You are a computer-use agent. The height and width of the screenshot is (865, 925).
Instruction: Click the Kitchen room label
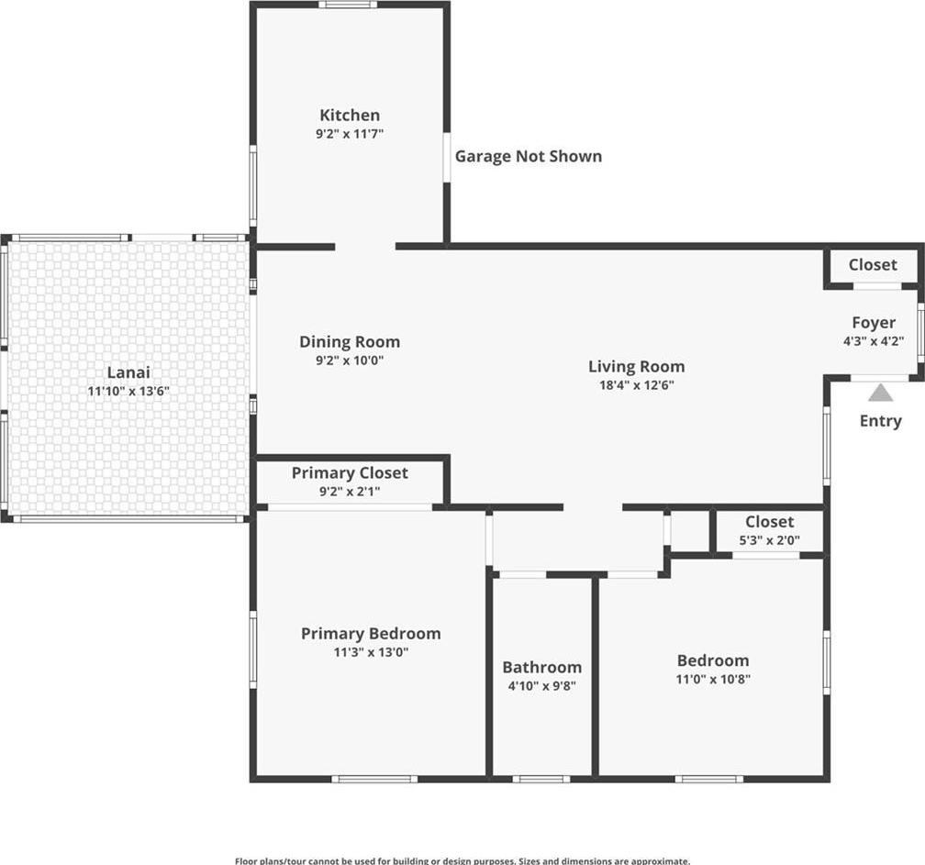(350, 115)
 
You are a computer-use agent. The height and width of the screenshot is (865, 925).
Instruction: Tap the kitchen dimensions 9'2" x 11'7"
(350, 134)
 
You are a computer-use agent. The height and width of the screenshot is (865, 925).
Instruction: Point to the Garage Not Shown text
(528, 156)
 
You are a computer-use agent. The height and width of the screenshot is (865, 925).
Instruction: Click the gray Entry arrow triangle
(880, 393)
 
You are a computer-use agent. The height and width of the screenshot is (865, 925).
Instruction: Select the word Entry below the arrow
(880, 421)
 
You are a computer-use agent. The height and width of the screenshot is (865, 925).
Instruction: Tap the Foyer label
(873, 323)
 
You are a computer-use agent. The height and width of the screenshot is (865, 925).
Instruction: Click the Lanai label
(128, 372)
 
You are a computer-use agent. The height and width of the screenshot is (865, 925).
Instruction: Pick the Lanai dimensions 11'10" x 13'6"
(128, 391)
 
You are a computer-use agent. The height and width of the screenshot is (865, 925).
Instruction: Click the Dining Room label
(350, 341)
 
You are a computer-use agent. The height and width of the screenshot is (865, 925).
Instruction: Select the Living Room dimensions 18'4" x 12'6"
(637, 385)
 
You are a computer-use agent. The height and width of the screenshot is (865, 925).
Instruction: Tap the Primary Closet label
(350, 473)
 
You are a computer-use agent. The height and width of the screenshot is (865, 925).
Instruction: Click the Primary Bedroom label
(371, 633)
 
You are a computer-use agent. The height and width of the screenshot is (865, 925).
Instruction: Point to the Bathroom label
(541, 667)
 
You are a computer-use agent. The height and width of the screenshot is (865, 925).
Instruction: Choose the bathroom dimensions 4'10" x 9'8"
(541, 686)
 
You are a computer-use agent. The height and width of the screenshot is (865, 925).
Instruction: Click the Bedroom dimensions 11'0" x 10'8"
(713, 680)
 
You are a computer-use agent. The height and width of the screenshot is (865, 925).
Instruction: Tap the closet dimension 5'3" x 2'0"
(769, 540)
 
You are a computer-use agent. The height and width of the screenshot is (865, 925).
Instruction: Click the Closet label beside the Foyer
(873, 265)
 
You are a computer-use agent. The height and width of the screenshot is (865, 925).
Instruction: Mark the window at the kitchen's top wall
(348, 5)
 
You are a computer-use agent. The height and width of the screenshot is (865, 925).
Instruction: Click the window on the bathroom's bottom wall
(541, 779)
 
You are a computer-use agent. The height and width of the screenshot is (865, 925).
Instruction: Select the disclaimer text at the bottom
(462, 861)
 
